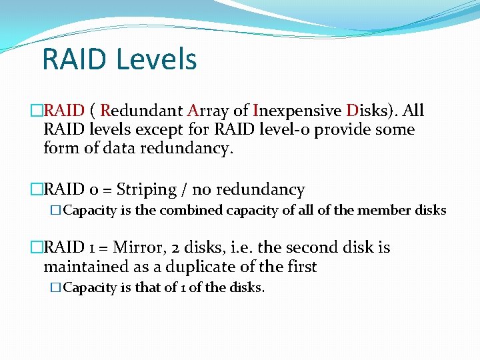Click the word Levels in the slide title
(156, 59)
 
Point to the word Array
(208, 111)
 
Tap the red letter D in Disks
(353, 111)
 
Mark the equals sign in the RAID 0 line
(105, 191)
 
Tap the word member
(384, 211)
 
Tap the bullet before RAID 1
(37, 248)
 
